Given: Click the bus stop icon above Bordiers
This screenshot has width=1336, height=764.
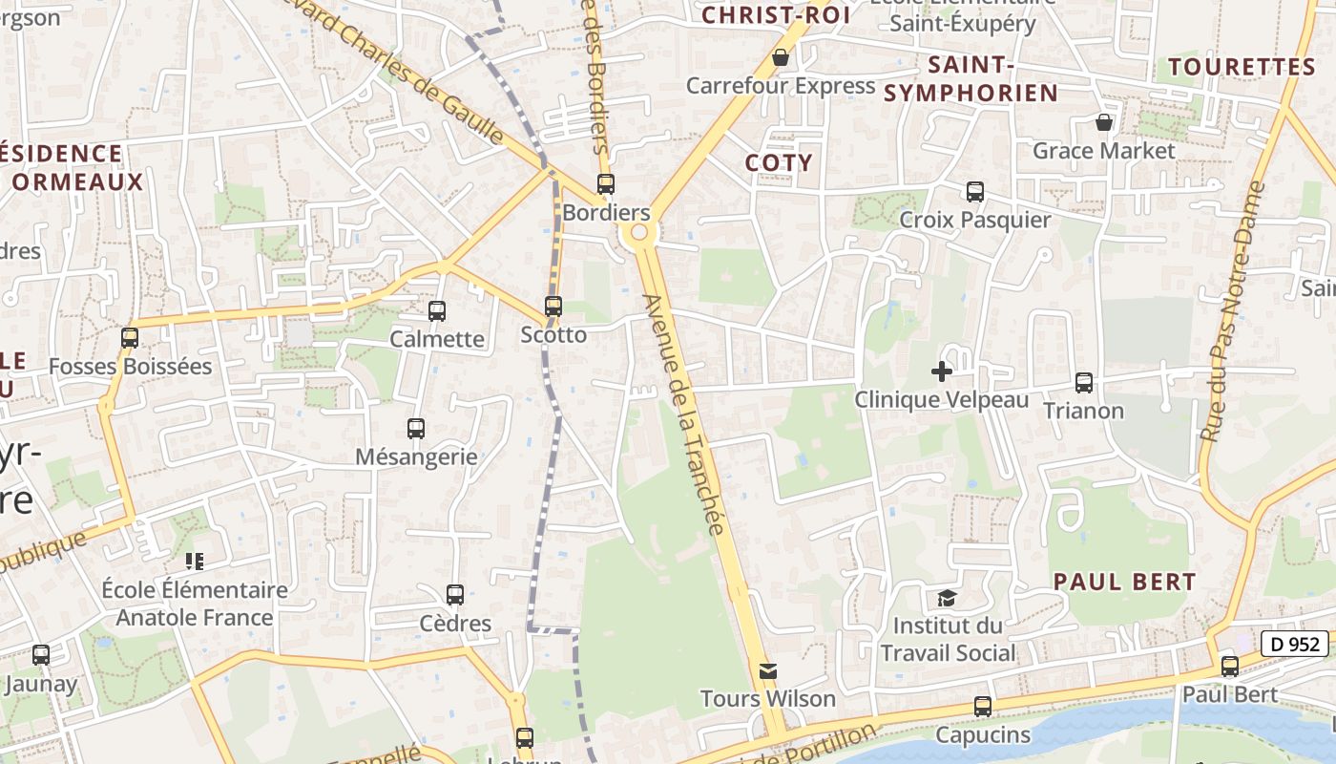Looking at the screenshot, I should click(x=605, y=184).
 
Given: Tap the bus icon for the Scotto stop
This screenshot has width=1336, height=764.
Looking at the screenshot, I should click(x=553, y=307).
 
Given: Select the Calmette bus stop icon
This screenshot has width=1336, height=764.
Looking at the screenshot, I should click(x=437, y=311).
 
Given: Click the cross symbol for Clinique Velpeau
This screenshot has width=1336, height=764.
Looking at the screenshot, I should click(x=942, y=371).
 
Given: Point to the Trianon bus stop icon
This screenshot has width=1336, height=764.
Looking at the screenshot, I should click(x=1084, y=383).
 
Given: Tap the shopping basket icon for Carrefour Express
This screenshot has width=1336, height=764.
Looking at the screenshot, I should click(x=781, y=58).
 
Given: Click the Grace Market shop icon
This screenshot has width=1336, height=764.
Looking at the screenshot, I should click(x=1104, y=123).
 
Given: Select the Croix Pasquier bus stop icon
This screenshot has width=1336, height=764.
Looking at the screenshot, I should click(x=974, y=192).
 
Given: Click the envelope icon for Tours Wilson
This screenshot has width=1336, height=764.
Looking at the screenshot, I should click(x=768, y=671).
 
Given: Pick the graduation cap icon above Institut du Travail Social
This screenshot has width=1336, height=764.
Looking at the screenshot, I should click(x=947, y=599).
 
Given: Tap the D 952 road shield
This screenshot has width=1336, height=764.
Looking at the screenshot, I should click(x=1295, y=644).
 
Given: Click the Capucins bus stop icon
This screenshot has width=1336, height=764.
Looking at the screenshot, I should click(x=983, y=708).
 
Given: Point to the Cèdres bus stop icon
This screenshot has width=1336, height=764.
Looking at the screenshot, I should click(x=455, y=595).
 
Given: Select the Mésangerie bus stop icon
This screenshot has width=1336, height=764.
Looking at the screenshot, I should click(x=416, y=429).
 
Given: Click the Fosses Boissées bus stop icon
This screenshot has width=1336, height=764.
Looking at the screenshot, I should click(x=130, y=338).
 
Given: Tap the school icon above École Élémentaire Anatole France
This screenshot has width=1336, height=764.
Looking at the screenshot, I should click(x=195, y=562).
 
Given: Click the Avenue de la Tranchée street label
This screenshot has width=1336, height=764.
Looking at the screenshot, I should click(x=686, y=415).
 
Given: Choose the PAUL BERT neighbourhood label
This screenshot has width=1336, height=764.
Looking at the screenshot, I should click(x=1124, y=582).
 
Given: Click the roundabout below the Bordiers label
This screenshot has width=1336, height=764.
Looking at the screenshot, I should click(x=638, y=232).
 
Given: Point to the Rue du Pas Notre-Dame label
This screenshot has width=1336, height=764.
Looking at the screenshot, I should click(x=1231, y=310).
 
